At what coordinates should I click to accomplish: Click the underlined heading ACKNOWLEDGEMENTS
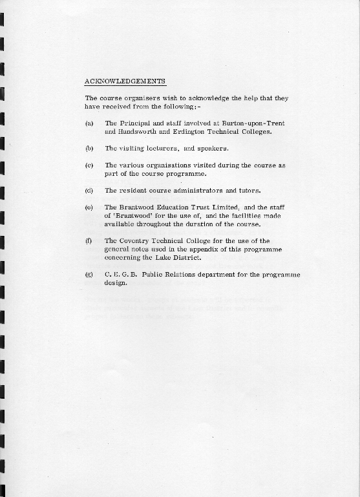pyautogui.click(x=125, y=81)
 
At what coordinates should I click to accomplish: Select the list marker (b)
pyautogui.click(x=89, y=148)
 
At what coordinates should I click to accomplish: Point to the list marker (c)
pyautogui.click(x=89, y=165)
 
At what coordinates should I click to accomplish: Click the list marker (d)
pyautogui.click(x=89, y=191)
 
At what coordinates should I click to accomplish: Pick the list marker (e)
pyautogui.click(x=89, y=207)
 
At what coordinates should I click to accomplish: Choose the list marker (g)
pyautogui.click(x=89, y=275)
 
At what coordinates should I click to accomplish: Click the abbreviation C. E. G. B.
pyautogui.click(x=120, y=275)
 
